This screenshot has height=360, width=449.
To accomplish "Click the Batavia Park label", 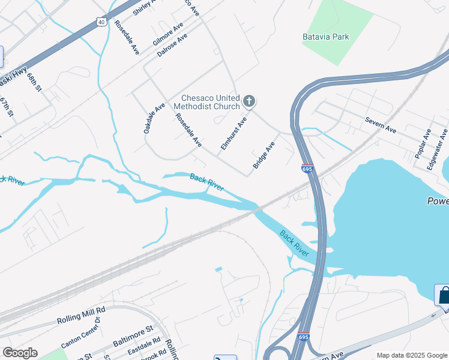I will pyautogui.click(x=325, y=37).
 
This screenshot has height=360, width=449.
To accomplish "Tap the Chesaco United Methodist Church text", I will pyautogui.click(x=207, y=103).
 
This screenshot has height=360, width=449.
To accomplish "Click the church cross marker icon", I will pyautogui.click(x=249, y=101).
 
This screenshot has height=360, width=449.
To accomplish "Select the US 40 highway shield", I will pyautogui.click(x=100, y=21).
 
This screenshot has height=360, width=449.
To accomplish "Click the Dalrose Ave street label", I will pyautogui.click(x=172, y=45).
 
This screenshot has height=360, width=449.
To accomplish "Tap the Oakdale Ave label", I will pyautogui.click(x=154, y=118).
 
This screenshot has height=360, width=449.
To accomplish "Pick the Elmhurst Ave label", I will pyautogui.click(x=234, y=134).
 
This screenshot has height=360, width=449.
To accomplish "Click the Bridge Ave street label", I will pyautogui.click(x=264, y=155).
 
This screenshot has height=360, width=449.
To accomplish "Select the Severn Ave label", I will pyautogui.click(x=381, y=125).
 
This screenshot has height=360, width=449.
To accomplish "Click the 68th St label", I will pyautogui.click(x=34, y=82).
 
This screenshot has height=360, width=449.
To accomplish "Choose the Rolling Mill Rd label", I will pyautogui.click(x=81, y=313).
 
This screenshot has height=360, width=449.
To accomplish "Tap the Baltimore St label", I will pyautogui.click(x=133, y=335).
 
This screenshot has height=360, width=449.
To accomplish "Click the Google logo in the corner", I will pyautogui.click(x=20, y=352).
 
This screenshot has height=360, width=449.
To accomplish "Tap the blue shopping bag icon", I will pyautogui.click(x=443, y=295).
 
